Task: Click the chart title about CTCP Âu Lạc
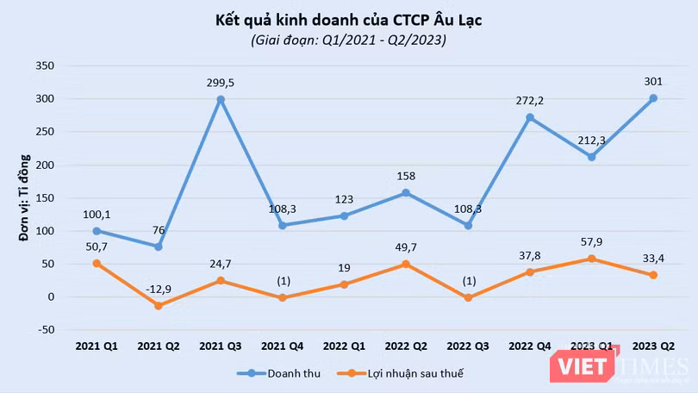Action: (x=349, y=19)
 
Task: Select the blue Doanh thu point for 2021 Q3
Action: (x=221, y=100)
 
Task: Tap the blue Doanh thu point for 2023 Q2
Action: (x=653, y=98)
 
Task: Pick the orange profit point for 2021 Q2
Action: (x=159, y=305)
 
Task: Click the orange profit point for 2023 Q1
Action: (x=591, y=259)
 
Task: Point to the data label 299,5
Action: (x=221, y=83)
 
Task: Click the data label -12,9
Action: (x=159, y=287)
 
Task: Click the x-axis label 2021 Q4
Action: (x=282, y=346)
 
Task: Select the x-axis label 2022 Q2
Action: (x=406, y=346)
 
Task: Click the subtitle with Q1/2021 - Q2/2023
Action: (x=349, y=40)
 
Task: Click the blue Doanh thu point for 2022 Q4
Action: (x=529, y=117)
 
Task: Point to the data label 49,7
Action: (x=406, y=247)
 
